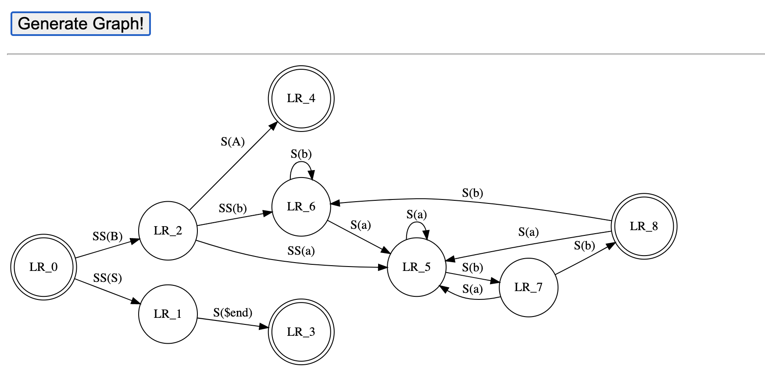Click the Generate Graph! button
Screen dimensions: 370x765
(x=80, y=24)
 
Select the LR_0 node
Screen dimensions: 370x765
(x=43, y=267)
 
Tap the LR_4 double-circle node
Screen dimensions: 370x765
(x=301, y=98)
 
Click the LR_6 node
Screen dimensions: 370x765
(x=301, y=206)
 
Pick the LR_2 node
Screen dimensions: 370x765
(x=168, y=231)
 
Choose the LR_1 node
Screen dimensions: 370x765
(x=168, y=314)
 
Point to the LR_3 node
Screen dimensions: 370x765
(x=301, y=332)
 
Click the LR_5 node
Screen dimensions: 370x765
(x=416, y=267)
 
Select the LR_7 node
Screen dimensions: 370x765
(x=528, y=287)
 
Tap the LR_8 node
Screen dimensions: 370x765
(x=644, y=226)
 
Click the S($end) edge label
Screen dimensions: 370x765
(x=232, y=313)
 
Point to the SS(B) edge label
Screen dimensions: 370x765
(x=107, y=237)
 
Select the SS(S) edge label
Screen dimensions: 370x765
(x=107, y=278)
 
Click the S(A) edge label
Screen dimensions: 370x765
(x=232, y=142)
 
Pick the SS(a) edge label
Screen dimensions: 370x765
(x=301, y=251)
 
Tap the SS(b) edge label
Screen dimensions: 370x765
(x=232, y=208)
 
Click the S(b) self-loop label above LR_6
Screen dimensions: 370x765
(x=301, y=154)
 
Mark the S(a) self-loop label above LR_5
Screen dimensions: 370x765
(x=416, y=214)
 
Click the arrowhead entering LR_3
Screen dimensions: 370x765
(x=264, y=327)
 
